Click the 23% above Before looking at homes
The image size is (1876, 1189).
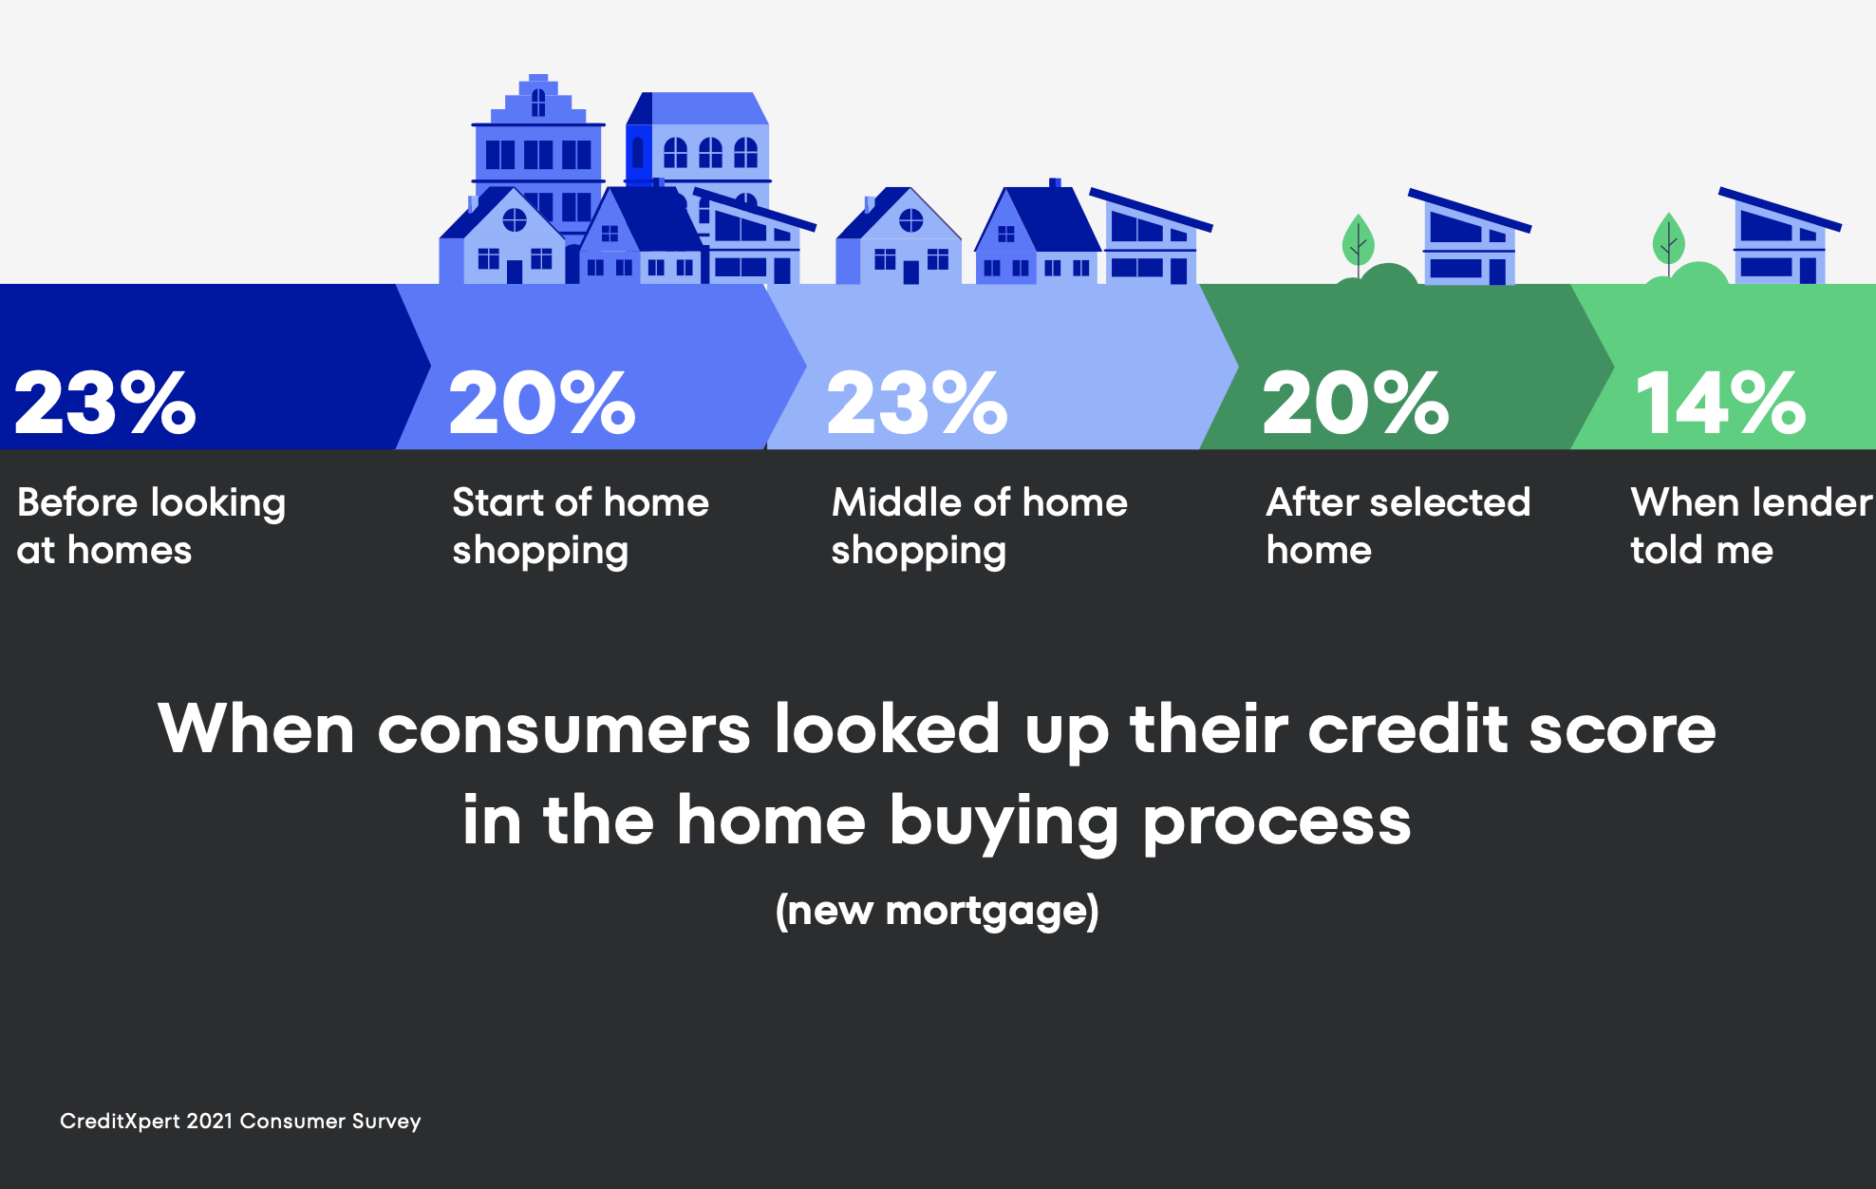(x=105, y=403)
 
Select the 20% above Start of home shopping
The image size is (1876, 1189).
(x=542, y=403)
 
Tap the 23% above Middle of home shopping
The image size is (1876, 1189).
(x=917, y=403)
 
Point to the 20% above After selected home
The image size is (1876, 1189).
(x=1356, y=403)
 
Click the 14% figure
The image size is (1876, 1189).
(x=1720, y=403)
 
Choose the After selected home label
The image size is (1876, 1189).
(x=1398, y=526)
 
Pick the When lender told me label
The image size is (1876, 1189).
(x=1752, y=526)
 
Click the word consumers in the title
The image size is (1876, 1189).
(x=564, y=731)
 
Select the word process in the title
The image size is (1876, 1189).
(x=1277, y=823)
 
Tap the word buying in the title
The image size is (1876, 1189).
(x=1004, y=821)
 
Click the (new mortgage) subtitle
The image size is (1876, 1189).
(x=937, y=911)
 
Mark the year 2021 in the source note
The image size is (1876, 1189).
(x=210, y=1122)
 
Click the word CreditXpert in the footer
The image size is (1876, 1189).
(x=120, y=1122)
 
